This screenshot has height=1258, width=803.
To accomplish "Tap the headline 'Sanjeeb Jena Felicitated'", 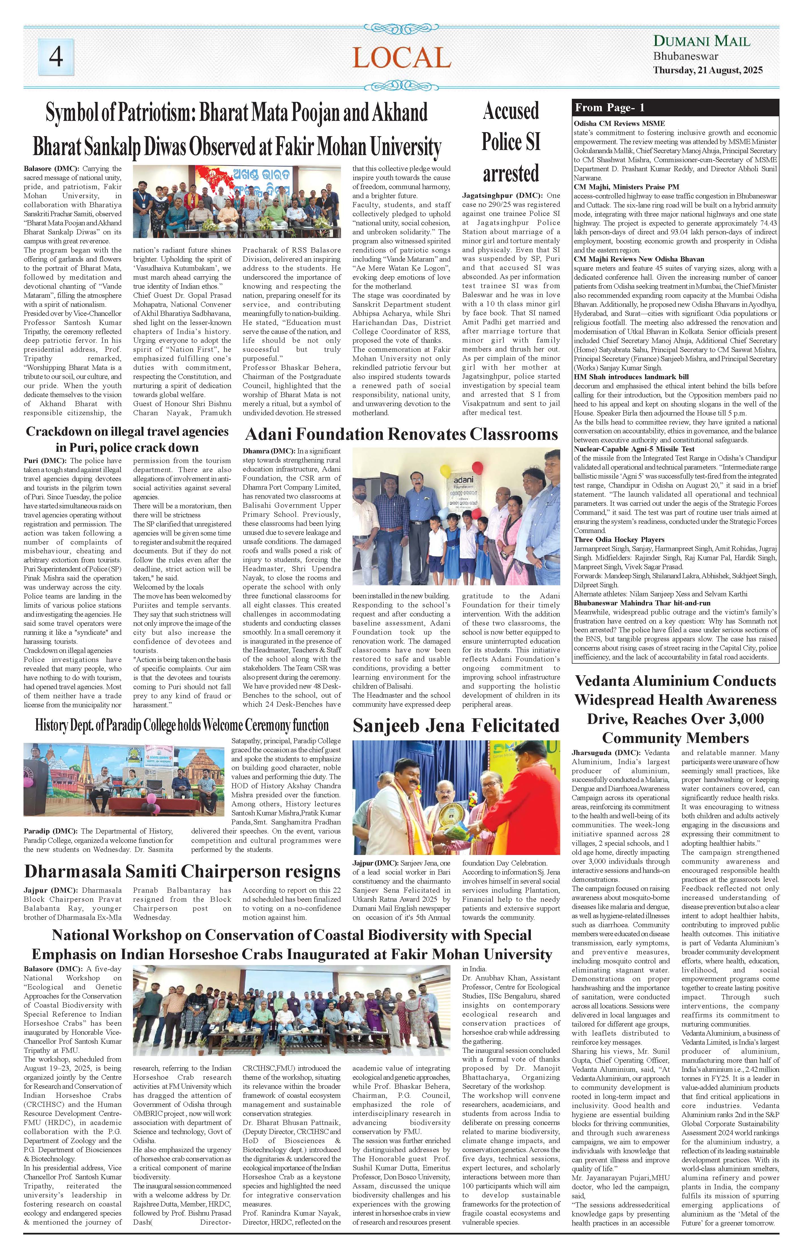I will coord(456,726).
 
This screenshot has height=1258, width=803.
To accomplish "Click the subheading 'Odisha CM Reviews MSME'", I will coord(619,124).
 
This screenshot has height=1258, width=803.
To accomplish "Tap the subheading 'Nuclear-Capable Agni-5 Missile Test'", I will coord(634,449).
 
